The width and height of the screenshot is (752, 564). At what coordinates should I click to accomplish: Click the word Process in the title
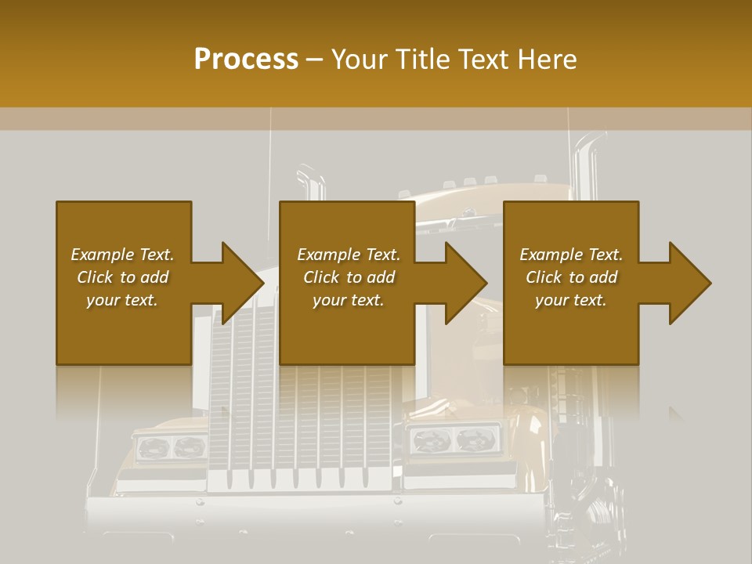(246, 60)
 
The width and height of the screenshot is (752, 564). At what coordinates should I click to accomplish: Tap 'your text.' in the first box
(122, 300)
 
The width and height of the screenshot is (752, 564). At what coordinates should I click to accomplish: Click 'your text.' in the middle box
(349, 300)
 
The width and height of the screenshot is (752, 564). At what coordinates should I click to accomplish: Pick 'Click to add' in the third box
(571, 277)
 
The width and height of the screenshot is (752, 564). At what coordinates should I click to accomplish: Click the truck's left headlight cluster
(171, 447)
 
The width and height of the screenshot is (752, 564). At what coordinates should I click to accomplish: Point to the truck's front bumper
(313, 517)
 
